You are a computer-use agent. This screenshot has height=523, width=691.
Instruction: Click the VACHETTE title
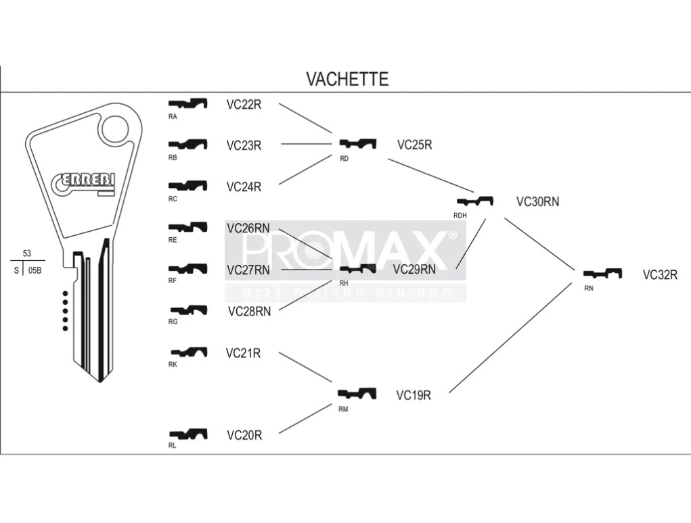point(347,79)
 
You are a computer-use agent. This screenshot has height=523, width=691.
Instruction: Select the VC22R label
point(244,104)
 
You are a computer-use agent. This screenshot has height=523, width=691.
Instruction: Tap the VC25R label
point(414,145)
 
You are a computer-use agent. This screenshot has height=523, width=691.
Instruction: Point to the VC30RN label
point(537,201)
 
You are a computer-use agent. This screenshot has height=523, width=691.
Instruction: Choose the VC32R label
point(660,274)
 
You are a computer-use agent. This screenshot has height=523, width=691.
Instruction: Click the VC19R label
point(413,395)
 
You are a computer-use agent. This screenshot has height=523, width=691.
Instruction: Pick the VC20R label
point(244,435)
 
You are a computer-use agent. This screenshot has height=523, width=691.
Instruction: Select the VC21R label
point(243,353)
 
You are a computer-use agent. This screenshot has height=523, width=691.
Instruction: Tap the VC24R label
point(244,186)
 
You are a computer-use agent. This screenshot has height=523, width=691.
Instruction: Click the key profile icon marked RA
point(187,103)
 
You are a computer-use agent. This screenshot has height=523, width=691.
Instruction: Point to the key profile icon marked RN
point(602,274)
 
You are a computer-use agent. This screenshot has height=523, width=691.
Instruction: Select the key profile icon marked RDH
point(476,201)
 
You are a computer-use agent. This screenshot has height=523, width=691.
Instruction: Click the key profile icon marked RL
point(187,433)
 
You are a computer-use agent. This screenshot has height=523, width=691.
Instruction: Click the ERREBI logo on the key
point(83,182)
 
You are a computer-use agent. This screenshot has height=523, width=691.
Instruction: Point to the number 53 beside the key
point(27,253)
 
